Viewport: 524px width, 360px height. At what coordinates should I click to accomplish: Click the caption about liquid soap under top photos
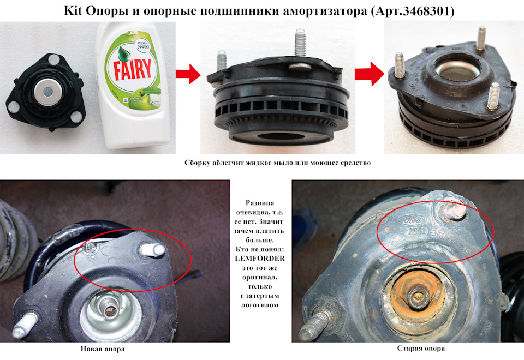point(277,163)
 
